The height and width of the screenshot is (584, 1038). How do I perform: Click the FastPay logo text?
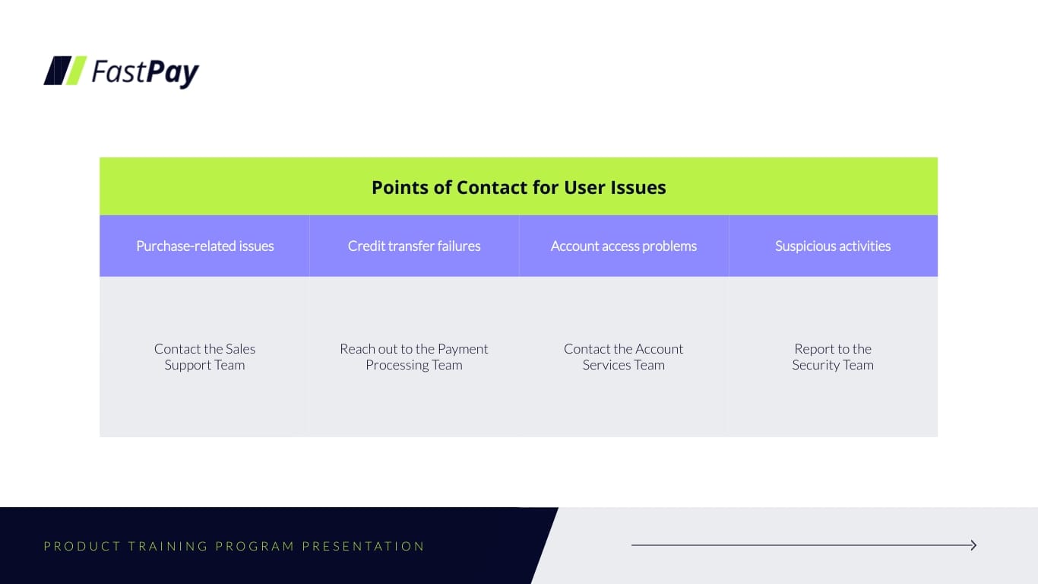[145, 71]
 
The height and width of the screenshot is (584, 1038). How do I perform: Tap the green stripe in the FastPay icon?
[75, 71]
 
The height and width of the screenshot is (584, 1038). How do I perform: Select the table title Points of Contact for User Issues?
[518, 187]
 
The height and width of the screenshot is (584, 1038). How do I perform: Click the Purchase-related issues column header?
[204, 246]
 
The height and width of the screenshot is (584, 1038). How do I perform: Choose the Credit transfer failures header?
[414, 246]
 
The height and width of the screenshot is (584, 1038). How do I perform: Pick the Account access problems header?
[623, 246]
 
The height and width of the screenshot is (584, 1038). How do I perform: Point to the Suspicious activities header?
[833, 246]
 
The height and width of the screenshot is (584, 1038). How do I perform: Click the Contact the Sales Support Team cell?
[204, 357]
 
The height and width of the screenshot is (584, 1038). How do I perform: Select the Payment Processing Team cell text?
[414, 357]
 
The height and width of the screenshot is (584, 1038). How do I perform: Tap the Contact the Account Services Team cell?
[623, 357]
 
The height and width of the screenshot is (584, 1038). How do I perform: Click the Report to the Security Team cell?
[833, 357]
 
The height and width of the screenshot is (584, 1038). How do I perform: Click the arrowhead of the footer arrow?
[973, 545]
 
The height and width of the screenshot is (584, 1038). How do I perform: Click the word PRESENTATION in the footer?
[363, 546]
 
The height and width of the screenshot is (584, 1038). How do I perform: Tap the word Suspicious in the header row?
[805, 246]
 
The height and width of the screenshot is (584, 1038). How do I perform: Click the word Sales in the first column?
[239, 348]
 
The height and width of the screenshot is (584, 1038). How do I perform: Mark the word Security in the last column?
[815, 365]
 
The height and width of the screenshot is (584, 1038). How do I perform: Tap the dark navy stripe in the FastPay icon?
[56, 71]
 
